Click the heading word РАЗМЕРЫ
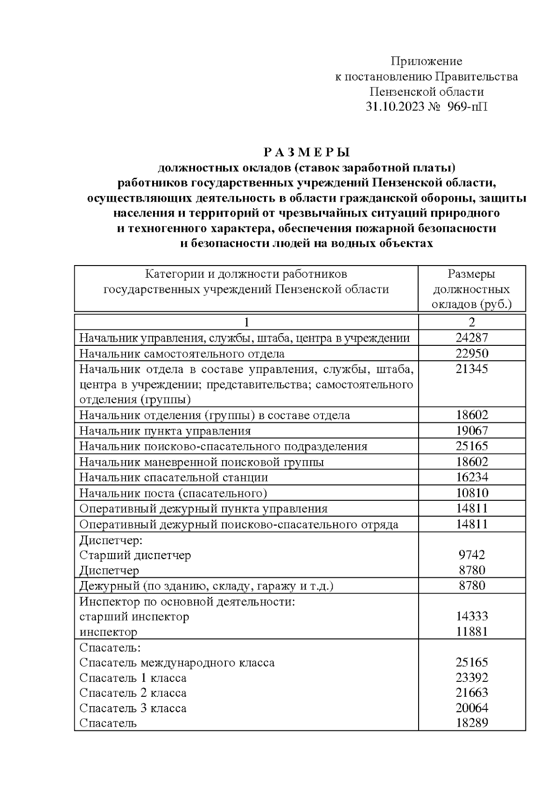(x=307, y=153)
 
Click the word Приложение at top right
(x=426, y=61)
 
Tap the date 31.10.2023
(x=395, y=106)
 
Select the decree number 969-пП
(x=468, y=106)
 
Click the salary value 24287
(x=472, y=338)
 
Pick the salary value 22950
(x=472, y=353)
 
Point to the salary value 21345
(x=472, y=369)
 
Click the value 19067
(x=472, y=431)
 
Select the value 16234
(x=472, y=477)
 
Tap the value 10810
(x=472, y=493)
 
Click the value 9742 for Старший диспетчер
(x=472, y=555)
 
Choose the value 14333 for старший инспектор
(x=472, y=617)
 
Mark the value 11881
(x=472, y=632)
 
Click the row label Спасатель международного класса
(x=177, y=663)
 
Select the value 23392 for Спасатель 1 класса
(x=472, y=678)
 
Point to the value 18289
(x=472, y=723)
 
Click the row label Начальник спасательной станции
(x=174, y=477)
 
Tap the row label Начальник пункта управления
(x=165, y=431)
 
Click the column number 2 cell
(x=472, y=322)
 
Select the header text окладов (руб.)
(x=472, y=304)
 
